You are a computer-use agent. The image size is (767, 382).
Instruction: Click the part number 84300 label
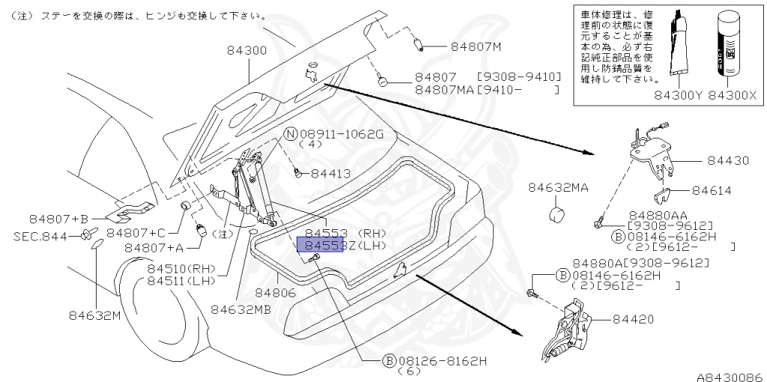click(247, 50)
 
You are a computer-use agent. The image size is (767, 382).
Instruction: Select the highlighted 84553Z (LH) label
click(321, 245)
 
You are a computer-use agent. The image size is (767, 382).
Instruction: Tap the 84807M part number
click(476, 46)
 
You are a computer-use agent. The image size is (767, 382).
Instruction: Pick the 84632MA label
click(558, 188)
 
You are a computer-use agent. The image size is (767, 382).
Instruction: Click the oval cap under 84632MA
click(557, 216)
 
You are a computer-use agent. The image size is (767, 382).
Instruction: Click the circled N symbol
click(291, 134)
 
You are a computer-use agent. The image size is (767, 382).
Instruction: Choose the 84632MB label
click(241, 308)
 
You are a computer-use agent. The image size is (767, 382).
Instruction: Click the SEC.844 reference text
click(40, 236)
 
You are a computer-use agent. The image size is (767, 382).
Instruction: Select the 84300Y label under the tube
click(679, 97)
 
